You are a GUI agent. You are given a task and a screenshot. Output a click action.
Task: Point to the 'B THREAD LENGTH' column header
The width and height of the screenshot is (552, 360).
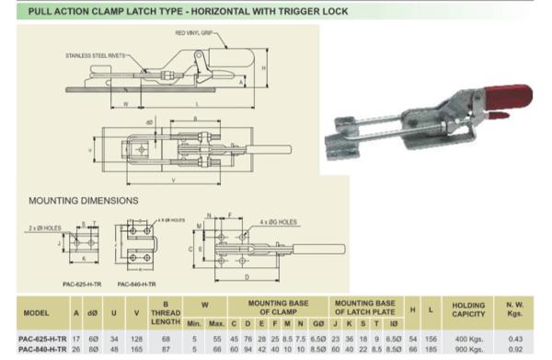tap(165, 311)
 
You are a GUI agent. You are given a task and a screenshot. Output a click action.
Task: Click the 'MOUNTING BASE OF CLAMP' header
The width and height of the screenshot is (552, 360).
tap(271, 306)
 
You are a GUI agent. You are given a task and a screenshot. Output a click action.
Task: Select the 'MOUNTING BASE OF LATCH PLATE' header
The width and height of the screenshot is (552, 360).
tap(365, 306)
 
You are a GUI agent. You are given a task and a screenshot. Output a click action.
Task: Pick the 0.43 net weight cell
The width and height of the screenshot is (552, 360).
tap(514, 339)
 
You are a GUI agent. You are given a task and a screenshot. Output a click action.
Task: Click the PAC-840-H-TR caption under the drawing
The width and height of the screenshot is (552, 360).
tap(140, 285)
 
